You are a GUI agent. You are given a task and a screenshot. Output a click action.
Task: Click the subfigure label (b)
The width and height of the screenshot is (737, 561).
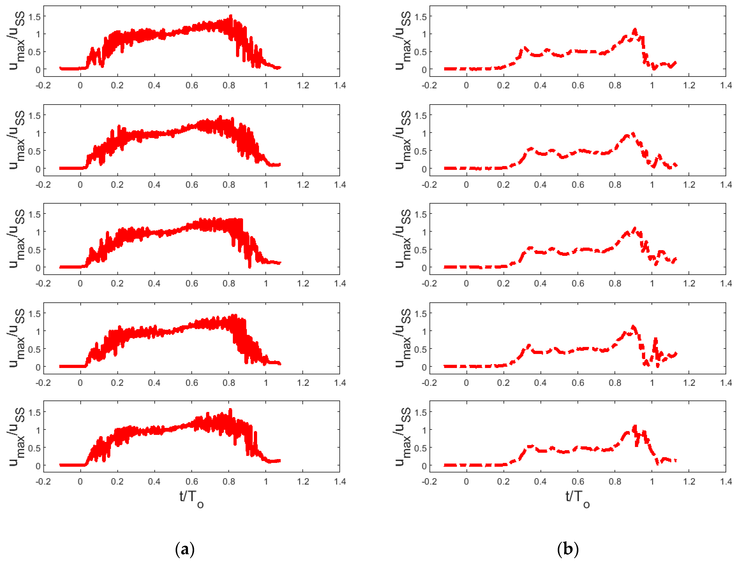pyautogui.click(x=568, y=549)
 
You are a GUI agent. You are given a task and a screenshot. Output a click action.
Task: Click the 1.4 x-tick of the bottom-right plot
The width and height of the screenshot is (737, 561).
pyautogui.click(x=726, y=482)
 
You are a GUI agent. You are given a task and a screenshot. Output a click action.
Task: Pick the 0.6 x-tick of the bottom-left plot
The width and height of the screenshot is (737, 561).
pyautogui.click(x=192, y=482)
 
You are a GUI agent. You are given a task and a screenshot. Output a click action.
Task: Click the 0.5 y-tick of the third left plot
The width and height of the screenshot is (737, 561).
pyautogui.click(x=34, y=250)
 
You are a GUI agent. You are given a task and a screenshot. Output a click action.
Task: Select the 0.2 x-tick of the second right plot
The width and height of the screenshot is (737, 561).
pyautogui.click(x=503, y=185)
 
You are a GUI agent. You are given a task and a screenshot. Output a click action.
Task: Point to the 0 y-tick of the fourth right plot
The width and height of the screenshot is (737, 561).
pyautogui.click(x=424, y=367)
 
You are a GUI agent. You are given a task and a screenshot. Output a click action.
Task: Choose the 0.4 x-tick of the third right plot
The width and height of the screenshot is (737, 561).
pyautogui.click(x=540, y=283)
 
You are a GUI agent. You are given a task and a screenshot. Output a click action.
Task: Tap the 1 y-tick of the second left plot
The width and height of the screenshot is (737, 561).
pyautogui.click(x=38, y=133)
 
